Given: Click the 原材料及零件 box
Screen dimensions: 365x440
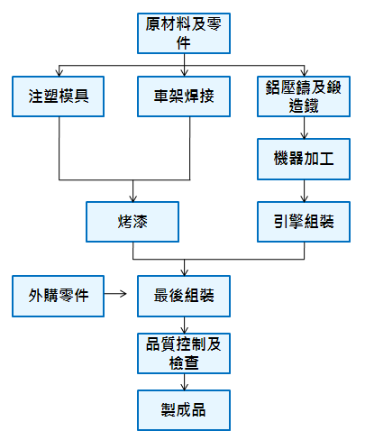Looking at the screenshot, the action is click(x=184, y=33).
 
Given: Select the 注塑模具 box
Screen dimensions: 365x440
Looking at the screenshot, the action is click(x=58, y=96).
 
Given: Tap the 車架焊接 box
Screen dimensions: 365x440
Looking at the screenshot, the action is click(x=184, y=96).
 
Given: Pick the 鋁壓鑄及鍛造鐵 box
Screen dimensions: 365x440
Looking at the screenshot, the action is click(x=304, y=96).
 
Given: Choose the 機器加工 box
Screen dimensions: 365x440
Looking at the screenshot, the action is click(x=304, y=159).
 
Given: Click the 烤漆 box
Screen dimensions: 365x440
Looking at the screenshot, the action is click(x=132, y=222).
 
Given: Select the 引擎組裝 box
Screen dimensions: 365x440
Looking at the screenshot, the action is click(x=304, y=222).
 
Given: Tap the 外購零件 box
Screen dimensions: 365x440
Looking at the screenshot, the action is click(x=58, y=296).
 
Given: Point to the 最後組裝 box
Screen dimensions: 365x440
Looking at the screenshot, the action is click(x=184, y=296).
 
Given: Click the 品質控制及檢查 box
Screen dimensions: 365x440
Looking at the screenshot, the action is click(x=184, y=353).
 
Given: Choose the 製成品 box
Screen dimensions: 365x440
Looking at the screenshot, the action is click(x=184, y=410).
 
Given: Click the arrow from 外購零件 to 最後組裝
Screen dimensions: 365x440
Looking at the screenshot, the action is click(x=115, y=293).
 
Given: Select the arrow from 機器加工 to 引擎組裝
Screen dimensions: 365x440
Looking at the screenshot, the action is click(x=304, y=191).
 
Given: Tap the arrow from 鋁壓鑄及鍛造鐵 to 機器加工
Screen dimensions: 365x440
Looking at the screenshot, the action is click(x=304, y=128).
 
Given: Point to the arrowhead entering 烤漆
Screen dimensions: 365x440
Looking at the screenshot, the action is click(x=132, y=198).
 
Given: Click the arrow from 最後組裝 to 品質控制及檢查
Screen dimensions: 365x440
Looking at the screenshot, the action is click(x=184, y=325).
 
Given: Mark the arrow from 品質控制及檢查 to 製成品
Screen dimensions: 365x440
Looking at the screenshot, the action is click(x=184, y=382).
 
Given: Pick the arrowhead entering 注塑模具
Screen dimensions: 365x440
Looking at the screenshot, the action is click(x=59, y=73).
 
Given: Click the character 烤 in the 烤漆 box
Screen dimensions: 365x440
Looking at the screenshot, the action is click(x=124, y=222).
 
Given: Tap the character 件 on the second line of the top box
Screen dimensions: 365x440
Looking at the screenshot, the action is click(x=184, y=43).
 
